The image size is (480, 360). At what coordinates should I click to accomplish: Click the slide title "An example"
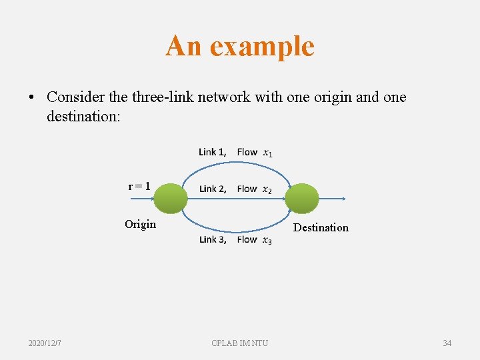coord(240,46)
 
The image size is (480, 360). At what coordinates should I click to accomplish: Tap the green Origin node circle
coord(171,199)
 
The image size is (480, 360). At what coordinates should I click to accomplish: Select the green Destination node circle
coord(302,199)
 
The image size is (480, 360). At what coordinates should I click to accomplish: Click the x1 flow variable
coord(267,153)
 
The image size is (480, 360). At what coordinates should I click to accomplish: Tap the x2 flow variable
coord(267,189)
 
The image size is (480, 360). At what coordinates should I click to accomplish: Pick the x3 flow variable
coord(267,240)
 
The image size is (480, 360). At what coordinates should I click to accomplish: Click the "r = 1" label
coord(139,186)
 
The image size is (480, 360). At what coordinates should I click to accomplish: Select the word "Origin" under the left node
coord(140,224)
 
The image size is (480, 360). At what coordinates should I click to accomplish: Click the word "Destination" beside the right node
coord(321,227)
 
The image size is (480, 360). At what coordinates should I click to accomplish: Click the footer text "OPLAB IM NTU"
coord(240,343)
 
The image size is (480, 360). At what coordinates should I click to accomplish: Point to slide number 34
coord(447,343)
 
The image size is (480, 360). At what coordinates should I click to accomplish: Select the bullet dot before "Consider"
coord(31,97)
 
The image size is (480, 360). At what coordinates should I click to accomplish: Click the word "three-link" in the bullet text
coord(161,97)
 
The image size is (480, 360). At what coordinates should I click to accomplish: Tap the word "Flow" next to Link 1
coord(247,152)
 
